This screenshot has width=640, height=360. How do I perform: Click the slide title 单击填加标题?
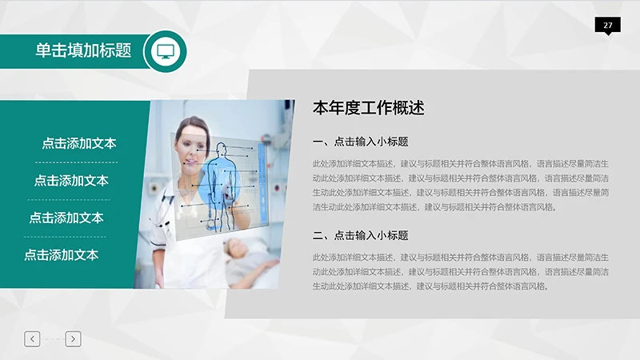point(83,50)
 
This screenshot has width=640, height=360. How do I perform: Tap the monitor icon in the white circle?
point(166,51)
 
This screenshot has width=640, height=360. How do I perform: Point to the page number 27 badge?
point(608,26)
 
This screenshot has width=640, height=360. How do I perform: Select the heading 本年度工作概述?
point(367,108)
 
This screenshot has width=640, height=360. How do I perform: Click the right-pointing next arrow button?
point(73,339)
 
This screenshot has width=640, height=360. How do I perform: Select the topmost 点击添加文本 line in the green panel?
point(79,143)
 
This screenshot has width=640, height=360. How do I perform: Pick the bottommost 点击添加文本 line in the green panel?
point(61,255)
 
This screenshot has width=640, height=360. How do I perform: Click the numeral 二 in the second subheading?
point(318,235)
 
